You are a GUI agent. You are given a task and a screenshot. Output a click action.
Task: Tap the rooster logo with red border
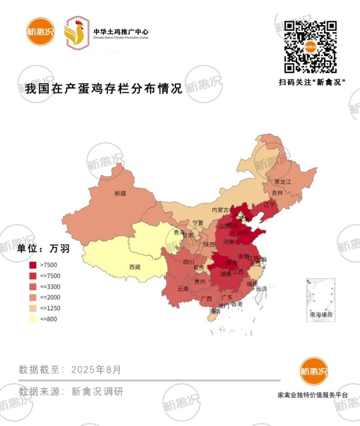pos(76,32)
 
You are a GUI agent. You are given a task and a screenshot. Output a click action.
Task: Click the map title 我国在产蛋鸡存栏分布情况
pos(104,89)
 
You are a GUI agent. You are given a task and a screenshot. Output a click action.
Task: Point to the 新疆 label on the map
pos(120,193)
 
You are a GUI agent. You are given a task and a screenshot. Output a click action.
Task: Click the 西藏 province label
pos(135,267)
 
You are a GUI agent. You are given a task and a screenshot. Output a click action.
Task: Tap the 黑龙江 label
pos(283,182)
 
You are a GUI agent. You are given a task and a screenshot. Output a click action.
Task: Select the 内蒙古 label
pos(220,210)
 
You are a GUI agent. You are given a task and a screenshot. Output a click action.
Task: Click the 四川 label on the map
pos(189,262)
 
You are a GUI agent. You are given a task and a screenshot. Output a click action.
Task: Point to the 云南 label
pos(183,289)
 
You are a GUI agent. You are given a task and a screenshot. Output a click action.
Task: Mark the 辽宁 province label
pos(269,205)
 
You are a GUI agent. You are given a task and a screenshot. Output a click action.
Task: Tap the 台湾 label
pos(261,288)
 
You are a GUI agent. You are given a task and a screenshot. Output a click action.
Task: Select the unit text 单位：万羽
pos(44,248)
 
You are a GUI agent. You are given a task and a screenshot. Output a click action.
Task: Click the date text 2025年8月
pos(96,370)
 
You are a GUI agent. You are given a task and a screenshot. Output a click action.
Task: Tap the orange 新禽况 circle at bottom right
pos(314,371)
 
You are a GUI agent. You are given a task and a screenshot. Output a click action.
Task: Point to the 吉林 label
pos(278,193)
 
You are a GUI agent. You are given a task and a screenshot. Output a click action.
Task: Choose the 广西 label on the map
pos(207,298)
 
